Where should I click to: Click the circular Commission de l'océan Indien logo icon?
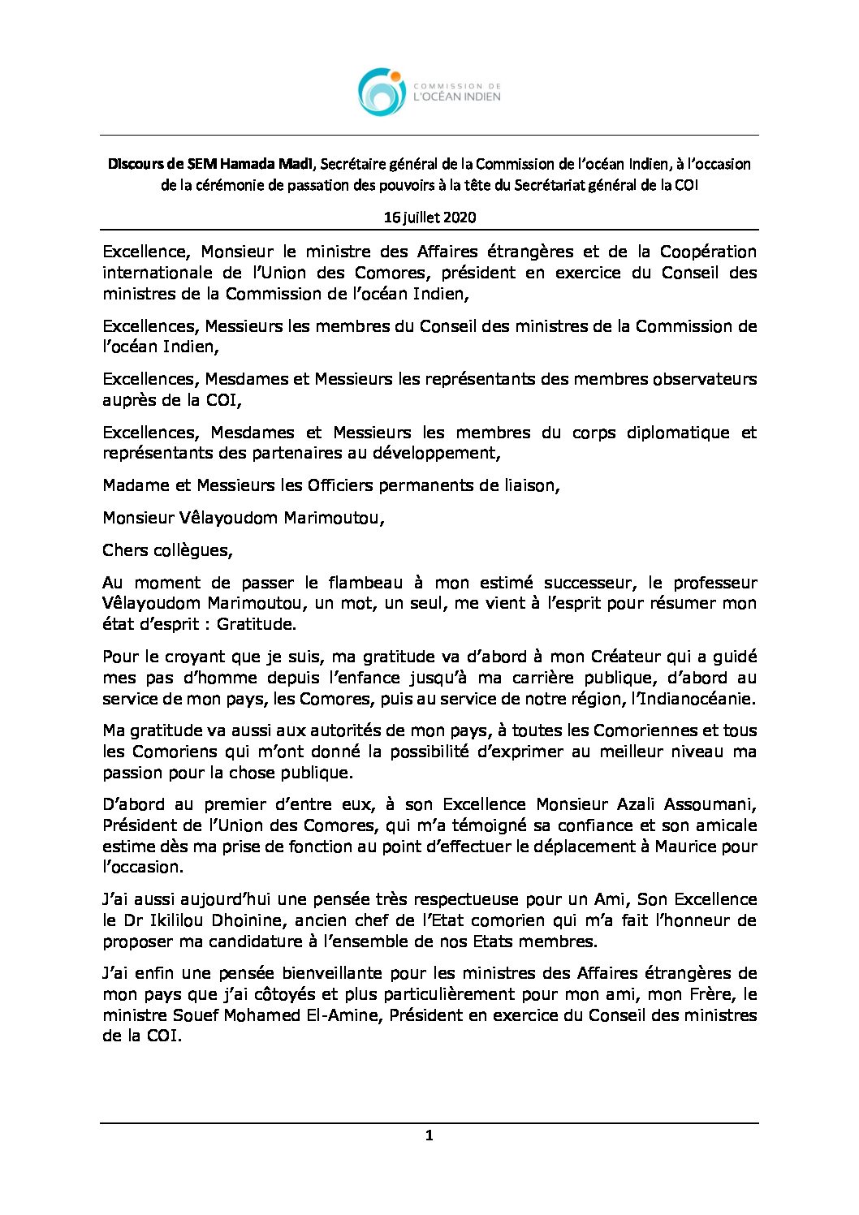coord(382,92)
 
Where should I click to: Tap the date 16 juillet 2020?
coord(429,218)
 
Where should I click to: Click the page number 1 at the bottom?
coord(429,1135)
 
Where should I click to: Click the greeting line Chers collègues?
coord(167,550)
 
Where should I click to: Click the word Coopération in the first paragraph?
coord(708,252)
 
